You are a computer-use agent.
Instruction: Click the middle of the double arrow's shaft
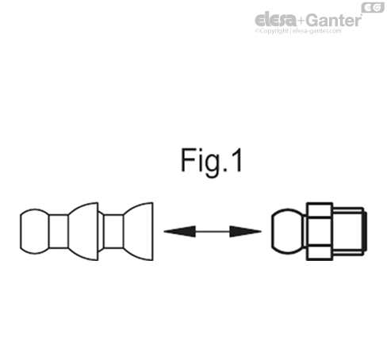212,232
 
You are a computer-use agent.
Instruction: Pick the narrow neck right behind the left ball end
57,232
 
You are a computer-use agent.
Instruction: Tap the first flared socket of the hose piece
83,232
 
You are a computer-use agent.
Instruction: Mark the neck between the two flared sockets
111,232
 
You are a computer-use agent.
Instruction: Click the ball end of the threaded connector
285,232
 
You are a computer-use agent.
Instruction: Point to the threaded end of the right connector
352,232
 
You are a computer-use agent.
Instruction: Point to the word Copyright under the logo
275,33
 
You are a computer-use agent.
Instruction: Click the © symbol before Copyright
257,33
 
